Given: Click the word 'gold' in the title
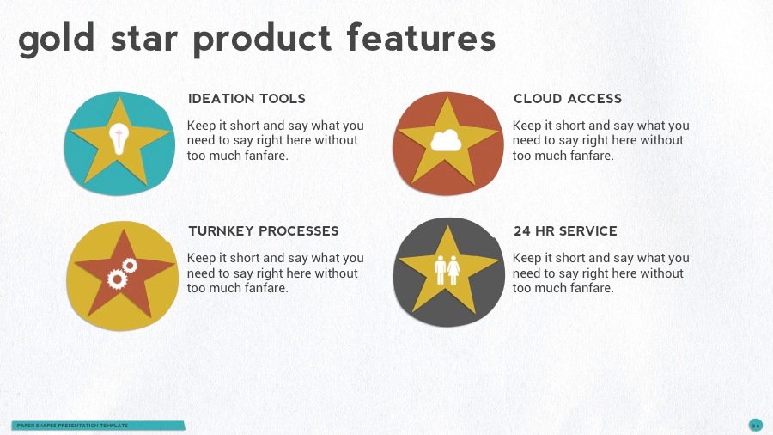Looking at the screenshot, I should tap(57, 40).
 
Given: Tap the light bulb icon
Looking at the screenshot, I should tap(119, 138).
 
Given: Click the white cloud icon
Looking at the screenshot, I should tap(447, 139).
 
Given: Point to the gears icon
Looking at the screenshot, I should tap(121, 273).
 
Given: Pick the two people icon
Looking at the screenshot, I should tap(447, 270).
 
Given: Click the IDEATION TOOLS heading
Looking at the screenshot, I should tap(247, 99).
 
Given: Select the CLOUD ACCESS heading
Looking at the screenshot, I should tap(568, 99).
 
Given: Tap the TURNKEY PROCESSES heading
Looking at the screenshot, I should tap(263, 231).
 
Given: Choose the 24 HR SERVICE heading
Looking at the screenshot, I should tap(565, 231).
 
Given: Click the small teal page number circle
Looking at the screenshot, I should tap(755, 425).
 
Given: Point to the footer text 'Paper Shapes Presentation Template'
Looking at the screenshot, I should tap(72, 426).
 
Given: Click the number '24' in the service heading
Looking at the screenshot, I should tap(522, 231).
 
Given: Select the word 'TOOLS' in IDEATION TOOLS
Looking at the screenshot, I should tap(283, 99).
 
